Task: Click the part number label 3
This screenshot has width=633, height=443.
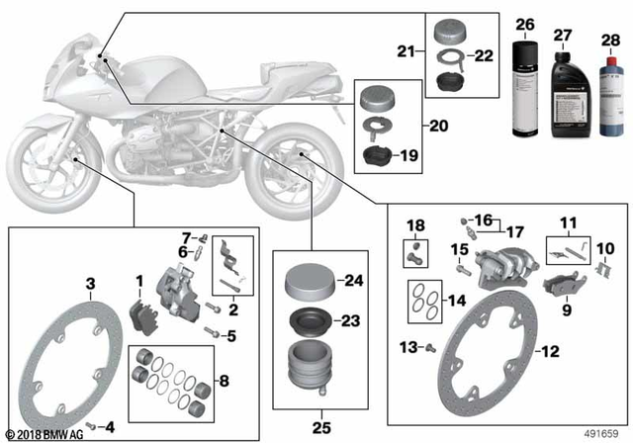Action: (x=90, y=284)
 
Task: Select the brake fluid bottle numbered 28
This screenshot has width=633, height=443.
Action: (x=602, y=93)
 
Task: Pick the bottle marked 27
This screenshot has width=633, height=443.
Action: (x=563, y=91)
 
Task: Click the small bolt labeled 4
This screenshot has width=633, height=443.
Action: (x=91, y=424)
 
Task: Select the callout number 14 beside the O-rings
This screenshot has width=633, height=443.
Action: (x=456, y=300)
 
